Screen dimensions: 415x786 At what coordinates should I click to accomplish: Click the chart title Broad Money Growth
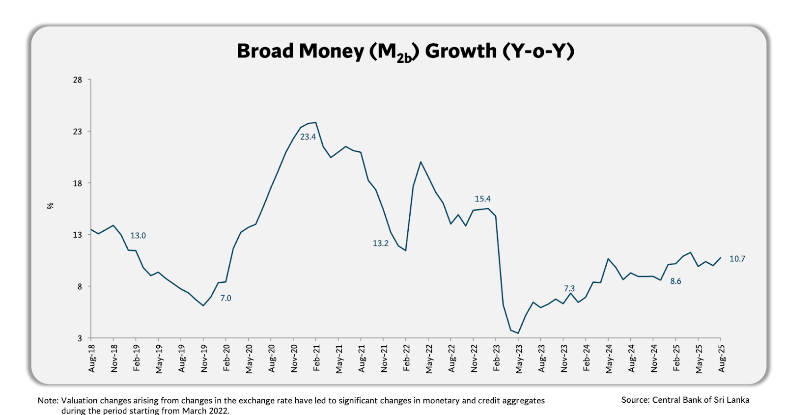coord(405,52)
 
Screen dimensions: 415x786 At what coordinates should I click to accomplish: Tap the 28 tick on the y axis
coord(78,80)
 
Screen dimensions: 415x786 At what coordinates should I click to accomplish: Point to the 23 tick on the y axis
coord(78,132)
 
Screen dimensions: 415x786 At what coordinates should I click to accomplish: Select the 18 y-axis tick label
coord(78,183)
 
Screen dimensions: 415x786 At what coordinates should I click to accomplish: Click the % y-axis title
coord(50,206)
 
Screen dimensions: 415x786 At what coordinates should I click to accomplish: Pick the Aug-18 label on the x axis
coord(92,358)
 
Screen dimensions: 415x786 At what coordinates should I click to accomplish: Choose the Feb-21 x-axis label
coord(317,358)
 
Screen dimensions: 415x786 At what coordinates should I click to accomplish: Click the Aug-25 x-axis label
coord(722,358)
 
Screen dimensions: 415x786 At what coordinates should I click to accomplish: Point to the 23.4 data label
coord(308,137)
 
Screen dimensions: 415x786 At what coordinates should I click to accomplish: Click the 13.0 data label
coord(138,236)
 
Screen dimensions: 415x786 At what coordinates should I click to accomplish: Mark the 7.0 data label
coord(225,298)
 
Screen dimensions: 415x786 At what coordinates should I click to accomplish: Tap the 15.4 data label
coord(482,199)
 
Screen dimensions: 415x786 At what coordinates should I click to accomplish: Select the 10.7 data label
coord(737,259)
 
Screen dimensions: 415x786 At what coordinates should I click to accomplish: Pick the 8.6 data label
coord(675,281)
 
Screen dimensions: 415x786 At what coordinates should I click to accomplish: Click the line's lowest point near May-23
coord(518,333)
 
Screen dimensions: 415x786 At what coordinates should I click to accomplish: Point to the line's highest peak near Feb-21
coord(315,123)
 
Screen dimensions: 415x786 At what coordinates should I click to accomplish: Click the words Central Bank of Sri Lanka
coord(701,400)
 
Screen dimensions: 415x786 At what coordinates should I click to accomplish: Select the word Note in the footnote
coord(47,401)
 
